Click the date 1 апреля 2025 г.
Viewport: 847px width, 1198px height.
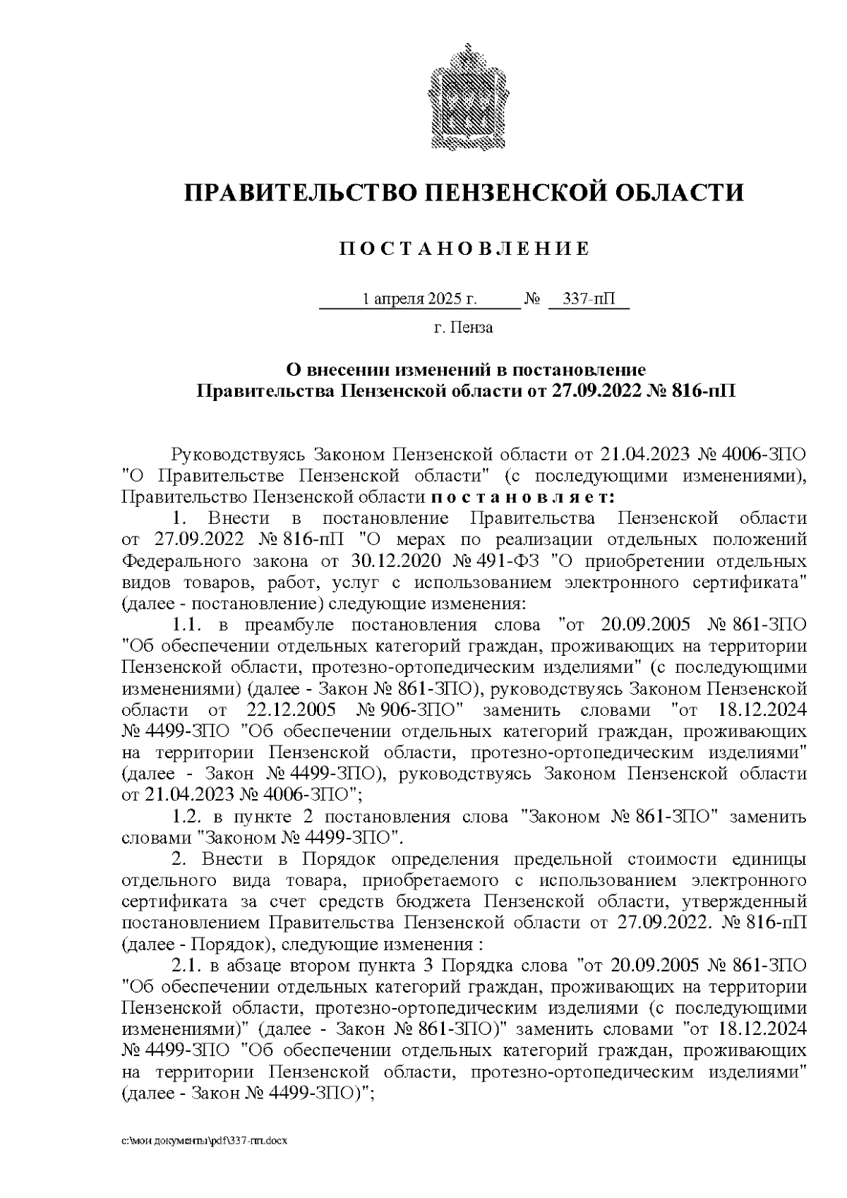pos(419,299)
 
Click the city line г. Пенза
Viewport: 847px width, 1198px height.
pos(463,328)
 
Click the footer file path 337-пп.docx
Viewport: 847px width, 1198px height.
pos(205,1141)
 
